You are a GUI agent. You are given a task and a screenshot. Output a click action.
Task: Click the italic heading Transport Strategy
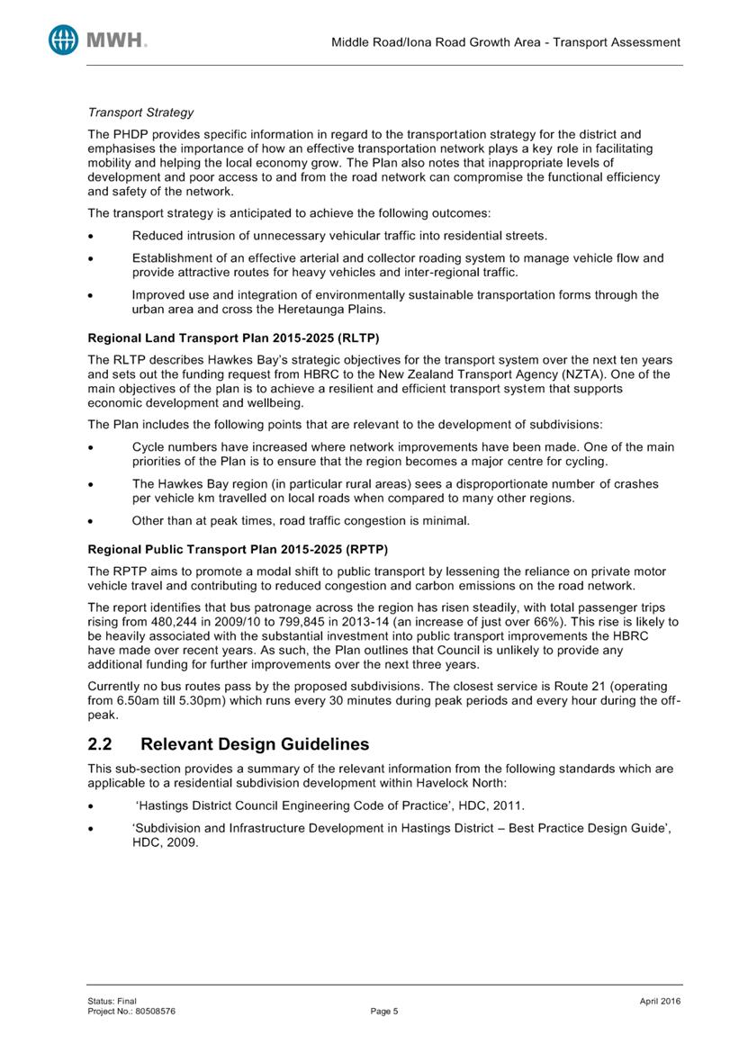click(x=140, y=113)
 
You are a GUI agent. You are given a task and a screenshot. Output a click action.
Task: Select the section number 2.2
click(x=99, y=744)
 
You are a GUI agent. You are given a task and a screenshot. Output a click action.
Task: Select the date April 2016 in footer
click(x=658, y=1001)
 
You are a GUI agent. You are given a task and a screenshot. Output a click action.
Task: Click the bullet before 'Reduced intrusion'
click(x=92, y=236)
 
